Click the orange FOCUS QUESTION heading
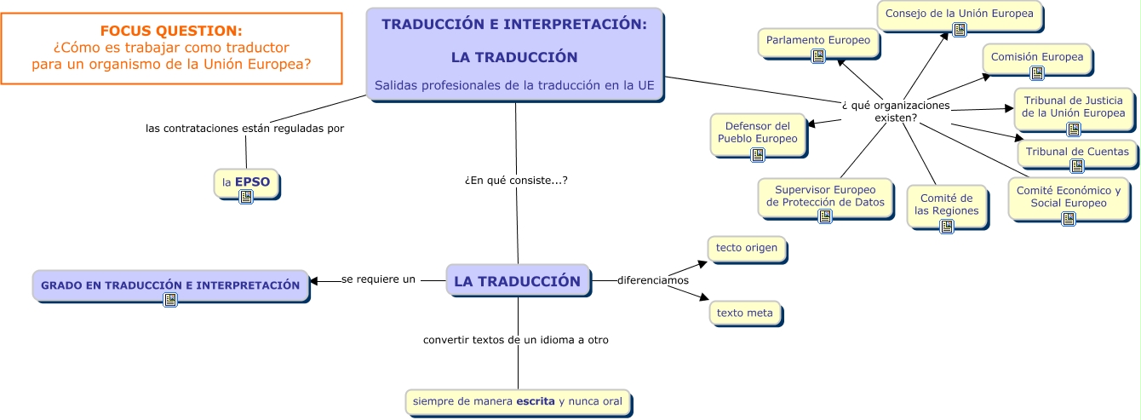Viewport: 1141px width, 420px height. [170, 31]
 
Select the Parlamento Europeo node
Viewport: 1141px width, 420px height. [817, 41]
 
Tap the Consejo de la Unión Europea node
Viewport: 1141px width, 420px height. [959, 14]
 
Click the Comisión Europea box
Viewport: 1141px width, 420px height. [1036, 58]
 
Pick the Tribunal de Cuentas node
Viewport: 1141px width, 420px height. [1077, 152]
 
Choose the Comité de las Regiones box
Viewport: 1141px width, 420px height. [946, 204]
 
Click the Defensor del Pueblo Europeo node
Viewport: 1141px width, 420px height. [758, 132]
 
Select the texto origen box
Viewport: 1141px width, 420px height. [746, 248]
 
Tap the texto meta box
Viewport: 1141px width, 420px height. [744, 313]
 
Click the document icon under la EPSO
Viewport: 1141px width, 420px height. [246, 196]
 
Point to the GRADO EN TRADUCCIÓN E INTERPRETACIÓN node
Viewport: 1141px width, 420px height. [170, 285]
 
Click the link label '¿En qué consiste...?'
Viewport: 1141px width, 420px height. [516, 181]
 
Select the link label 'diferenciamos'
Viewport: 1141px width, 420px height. [652, 280]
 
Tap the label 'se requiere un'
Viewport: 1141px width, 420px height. [378, 279]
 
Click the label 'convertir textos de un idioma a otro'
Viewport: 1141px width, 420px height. [516, 340]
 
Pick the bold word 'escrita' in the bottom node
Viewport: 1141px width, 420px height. [535, 400]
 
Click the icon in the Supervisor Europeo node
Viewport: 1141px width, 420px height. [824, 216]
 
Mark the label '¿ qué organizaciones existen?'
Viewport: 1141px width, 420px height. [895, 111]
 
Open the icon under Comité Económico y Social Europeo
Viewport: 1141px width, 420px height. [1068, 219]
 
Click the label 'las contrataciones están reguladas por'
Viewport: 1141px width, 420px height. [244, 129]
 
